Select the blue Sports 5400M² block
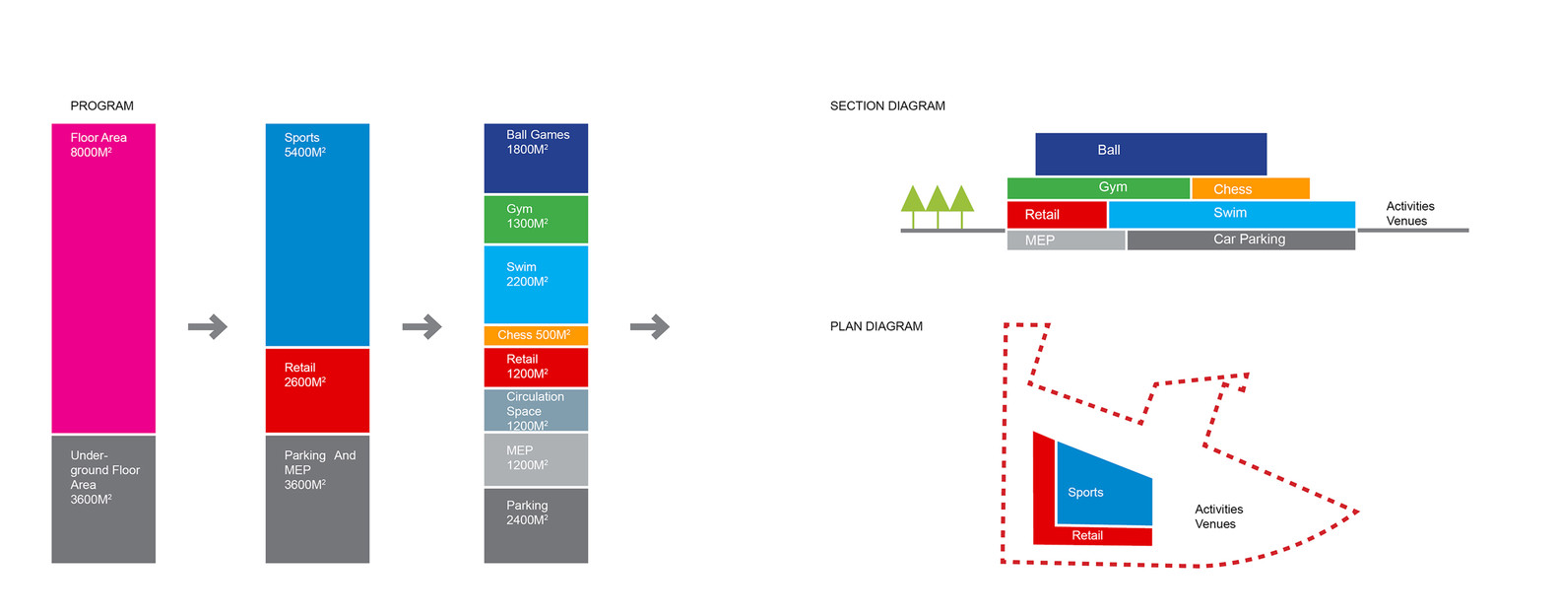point(317,235)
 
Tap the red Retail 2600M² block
point(317,390)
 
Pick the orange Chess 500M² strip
point(536,335)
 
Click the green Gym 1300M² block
point(536,219)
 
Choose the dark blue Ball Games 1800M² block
point(536,158)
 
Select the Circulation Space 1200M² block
point(536,410)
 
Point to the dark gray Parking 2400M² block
point(536,525)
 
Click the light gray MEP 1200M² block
point(536,459)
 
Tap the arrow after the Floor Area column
point(208,326)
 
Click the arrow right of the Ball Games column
point(650,326)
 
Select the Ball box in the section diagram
point(1150,154)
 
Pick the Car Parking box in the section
point(1241,239)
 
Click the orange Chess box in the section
point(1250,188)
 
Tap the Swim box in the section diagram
point(1231,214)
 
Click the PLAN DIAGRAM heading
point(876,326)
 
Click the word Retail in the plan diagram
point(1087,535)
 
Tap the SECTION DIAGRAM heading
point(887,105)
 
